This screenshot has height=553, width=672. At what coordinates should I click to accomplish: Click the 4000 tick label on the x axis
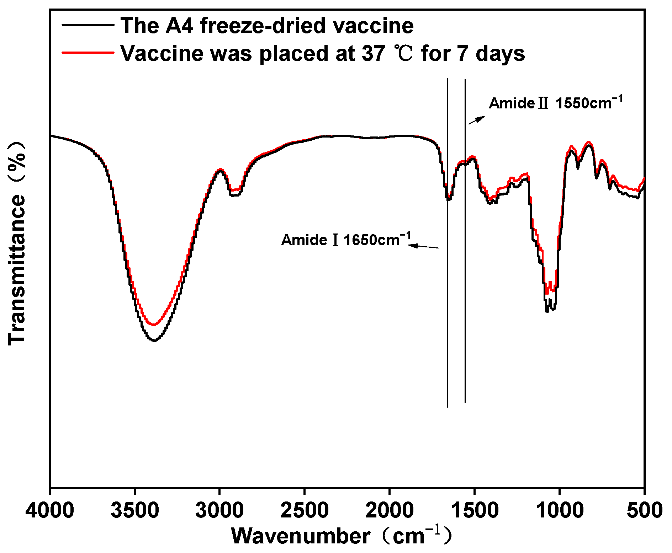pyautogui.click(x=50, y=511)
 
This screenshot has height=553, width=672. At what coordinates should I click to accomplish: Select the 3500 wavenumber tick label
pyautogui.click(x=135, y=511)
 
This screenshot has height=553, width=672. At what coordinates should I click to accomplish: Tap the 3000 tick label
pyautogui.click(x=219, y=511)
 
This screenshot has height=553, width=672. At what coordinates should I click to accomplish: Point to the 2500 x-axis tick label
pyautogui.click(x=305, y=511)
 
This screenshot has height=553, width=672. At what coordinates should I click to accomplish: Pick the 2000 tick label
pyautogui.click(x=390, y=511)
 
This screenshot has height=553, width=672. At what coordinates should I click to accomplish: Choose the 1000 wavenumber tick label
pyautogui.click(x=560, y=511)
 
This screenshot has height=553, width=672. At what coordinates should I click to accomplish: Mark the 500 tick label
pyautogui.click(x=644, y=511)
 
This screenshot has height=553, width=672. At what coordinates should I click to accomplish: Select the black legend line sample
pyautogui.click(x=88, y=25)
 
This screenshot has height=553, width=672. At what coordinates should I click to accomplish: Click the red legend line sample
pyautogui.click(x=88, y=53)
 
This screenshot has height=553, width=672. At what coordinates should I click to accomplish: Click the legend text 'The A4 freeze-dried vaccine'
pyautogui.click(x=267, y=26)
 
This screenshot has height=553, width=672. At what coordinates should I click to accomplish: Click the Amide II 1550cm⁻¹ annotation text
pyautogui.click(x=555, y=103)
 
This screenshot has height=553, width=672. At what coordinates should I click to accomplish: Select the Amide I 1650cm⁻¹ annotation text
pyautogui.click(x=345, y=240)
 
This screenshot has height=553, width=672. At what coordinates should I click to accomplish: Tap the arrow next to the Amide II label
pyautogui.click(x=476, y=120)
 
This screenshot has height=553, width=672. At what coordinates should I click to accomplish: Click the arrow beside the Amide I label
pyautogui.click(x=424, y=246)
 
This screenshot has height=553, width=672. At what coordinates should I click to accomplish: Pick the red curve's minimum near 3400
pyautogui.click(x=154, y=324)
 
